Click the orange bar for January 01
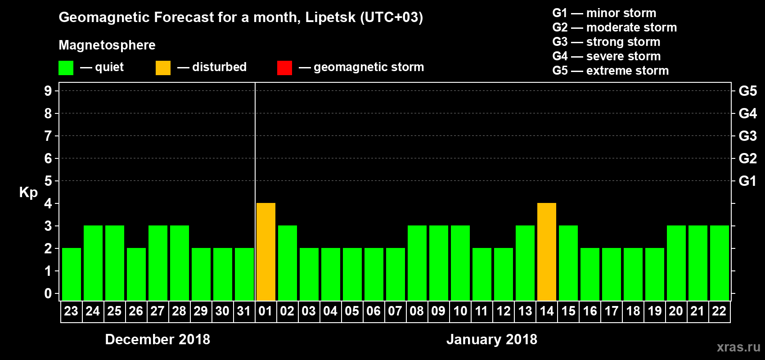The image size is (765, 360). pos(266,252)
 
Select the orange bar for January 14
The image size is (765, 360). pos(547,252)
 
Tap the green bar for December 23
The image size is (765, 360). pos(72,274)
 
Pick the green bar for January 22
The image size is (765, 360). pos(720,263)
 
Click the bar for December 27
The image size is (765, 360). pos(158,263)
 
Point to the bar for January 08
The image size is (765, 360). pos(417,263)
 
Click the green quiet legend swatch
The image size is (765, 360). pos(66,68)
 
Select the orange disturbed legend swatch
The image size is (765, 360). pos(163,68)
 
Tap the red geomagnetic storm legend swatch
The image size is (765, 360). pos(284,68)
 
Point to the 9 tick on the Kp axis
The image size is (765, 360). pos(48,91)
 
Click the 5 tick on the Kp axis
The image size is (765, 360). pos(48,181)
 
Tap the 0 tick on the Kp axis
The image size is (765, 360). pos(48,293)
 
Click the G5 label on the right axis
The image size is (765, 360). pos(747,91)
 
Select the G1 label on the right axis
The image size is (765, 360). pos(747,181)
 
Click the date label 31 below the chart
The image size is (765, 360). pos(244,311)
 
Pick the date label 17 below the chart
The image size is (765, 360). pos(611,311)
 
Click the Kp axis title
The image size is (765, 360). pos(28,192)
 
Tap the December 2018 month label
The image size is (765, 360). pos(157,339)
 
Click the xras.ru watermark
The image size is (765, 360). pos(738,347)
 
